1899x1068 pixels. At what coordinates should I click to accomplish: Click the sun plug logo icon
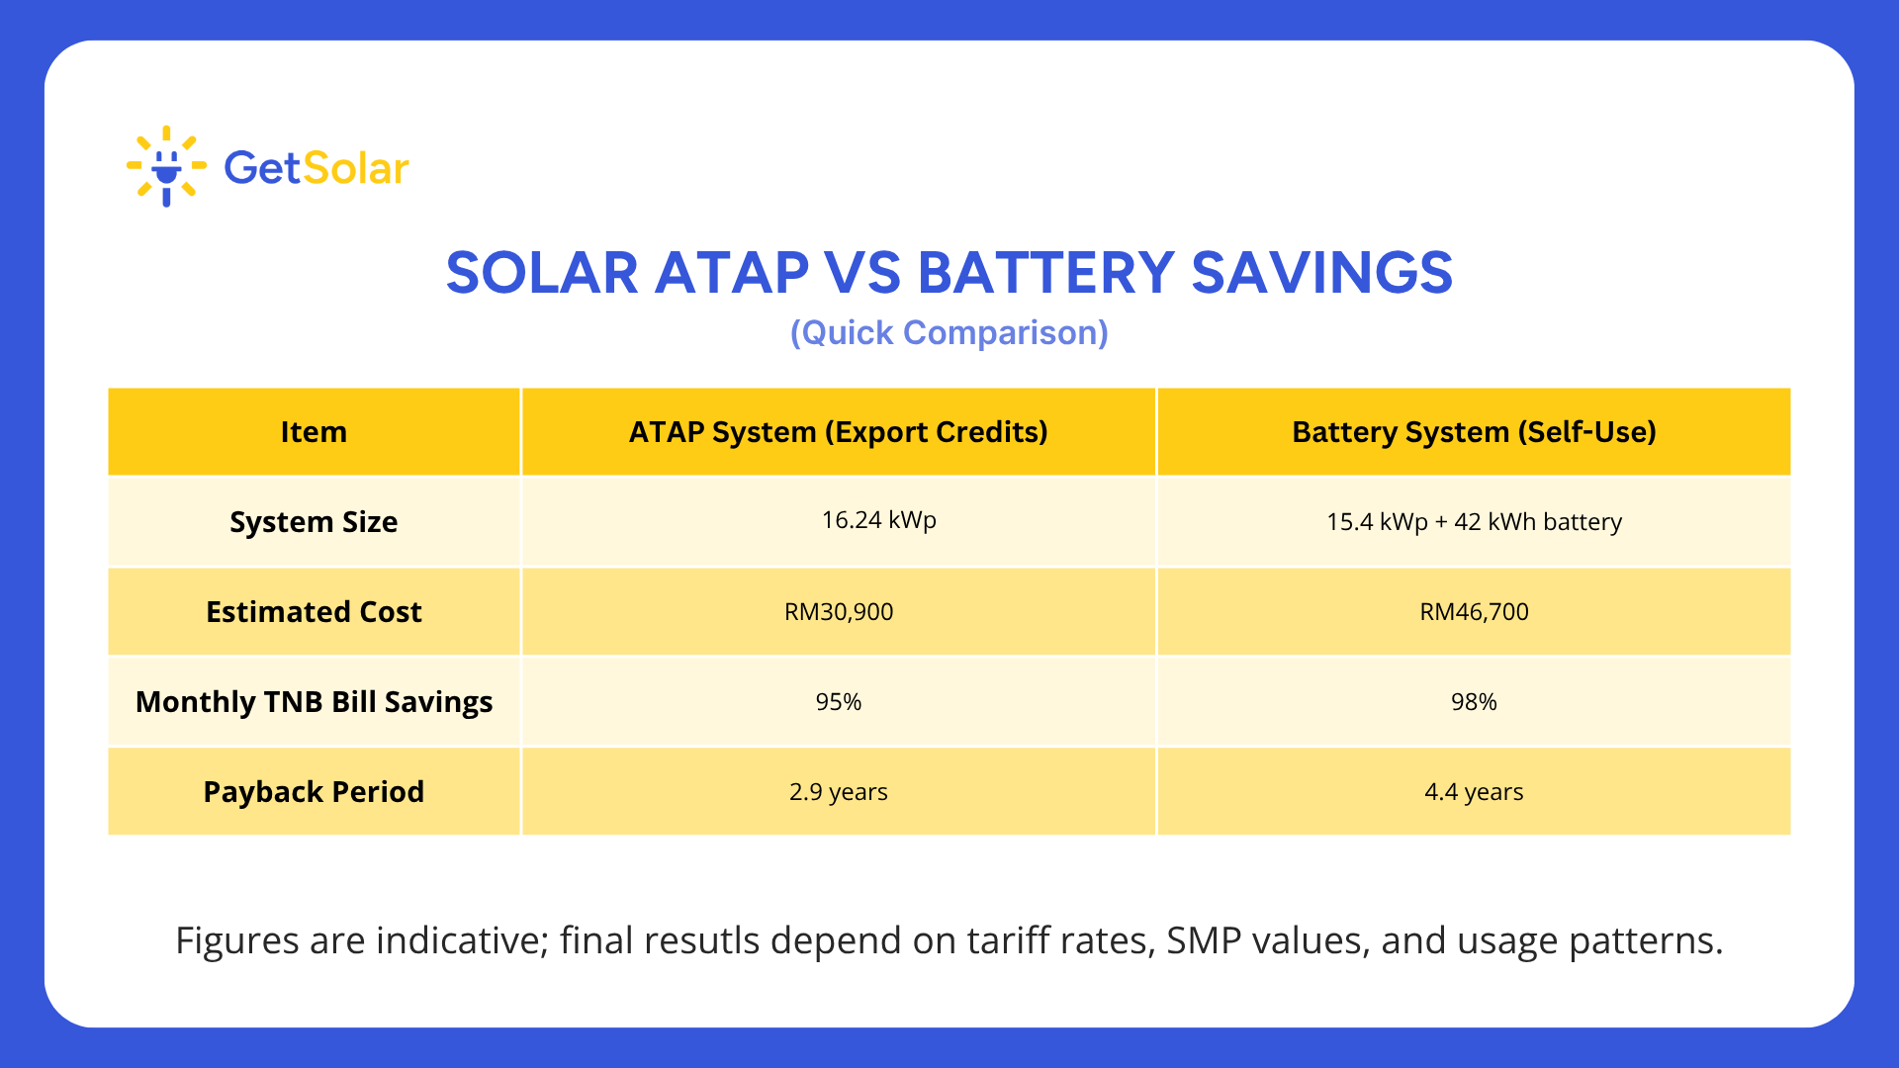[x=166, y=166]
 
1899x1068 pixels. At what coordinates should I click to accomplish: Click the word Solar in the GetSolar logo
[x=356, y=168]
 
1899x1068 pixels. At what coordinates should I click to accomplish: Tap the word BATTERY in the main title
[x=1045, y=273]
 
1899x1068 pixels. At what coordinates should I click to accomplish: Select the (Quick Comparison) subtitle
[x=949, y=333]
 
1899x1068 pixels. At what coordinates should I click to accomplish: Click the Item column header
[x=314, y=432]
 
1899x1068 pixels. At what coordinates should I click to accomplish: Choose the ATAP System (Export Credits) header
[x=838, y=432]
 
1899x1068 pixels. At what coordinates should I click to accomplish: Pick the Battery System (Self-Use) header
[x=1474, y=432]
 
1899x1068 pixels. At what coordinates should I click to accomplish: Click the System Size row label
[x=314, y=522]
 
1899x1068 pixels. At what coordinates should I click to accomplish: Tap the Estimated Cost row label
[x=314, y=612]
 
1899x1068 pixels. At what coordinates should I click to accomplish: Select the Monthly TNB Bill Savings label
[x=314, y=702]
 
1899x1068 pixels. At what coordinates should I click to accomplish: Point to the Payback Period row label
[x=314, y=792]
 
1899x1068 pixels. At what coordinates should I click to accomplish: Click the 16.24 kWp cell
[x=878, y=520]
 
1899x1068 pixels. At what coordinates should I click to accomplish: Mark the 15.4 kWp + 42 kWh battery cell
[x=1474, y=522]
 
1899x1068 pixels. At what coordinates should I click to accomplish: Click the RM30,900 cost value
[x=838, y=612]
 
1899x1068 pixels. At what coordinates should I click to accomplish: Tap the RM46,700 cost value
[x=1474, y=612]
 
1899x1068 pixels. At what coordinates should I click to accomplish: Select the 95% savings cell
[x=838, y=702]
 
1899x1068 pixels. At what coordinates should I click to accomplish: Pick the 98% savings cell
[x=1474, y=702]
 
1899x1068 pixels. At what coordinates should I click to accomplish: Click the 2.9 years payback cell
[x=838, y=792]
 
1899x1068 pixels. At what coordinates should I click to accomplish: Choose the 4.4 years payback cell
[x=1474, y=792]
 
